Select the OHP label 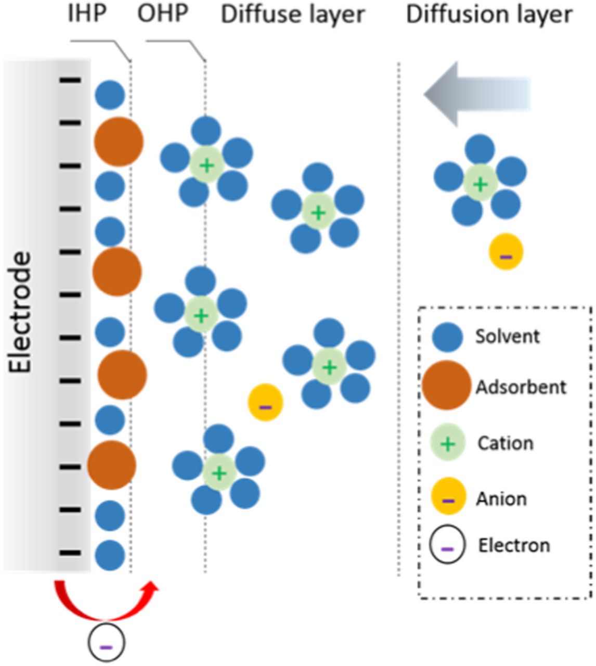(x=162, y=14)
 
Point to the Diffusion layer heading (x=489, y=15)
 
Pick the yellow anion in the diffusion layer (x=506, y=252)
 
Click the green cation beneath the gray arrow (x=481, y=183)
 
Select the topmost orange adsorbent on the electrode (x=119, y=142)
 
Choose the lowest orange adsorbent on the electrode (x=112, y=465)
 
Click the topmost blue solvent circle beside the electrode (x=110, y=95)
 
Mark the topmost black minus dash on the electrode (x=70, y=80)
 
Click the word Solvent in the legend (x=507, y=336)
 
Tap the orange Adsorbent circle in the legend (x=447, y=386)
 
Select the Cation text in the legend (x=506, y=443)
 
